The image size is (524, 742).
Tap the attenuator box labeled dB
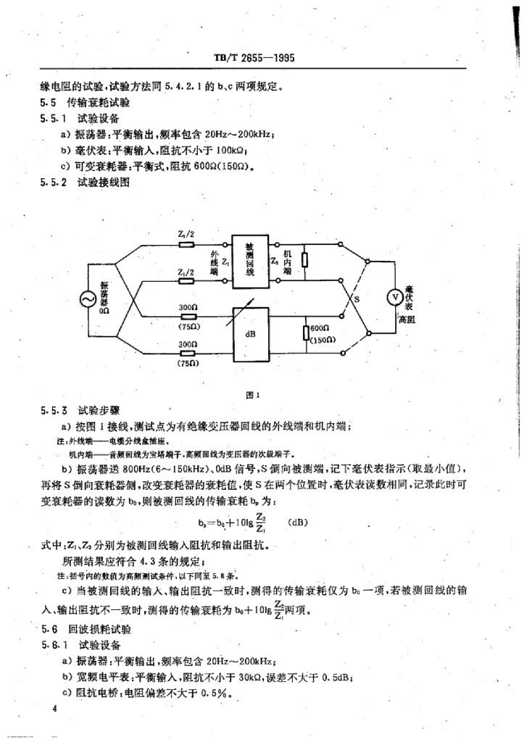(x=249, y=335)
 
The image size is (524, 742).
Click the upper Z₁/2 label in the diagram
(x=186, y=234)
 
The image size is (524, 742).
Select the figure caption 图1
(x=253, y=395)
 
